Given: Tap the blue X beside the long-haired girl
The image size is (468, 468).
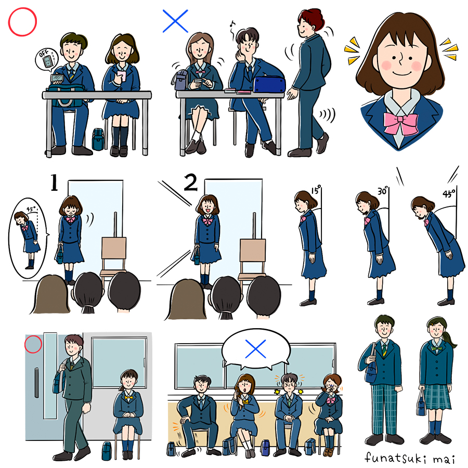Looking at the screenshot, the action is click(176, 21).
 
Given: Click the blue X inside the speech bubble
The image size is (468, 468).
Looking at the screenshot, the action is click(255, 348).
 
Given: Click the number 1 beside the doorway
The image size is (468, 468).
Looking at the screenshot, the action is click(54, 183).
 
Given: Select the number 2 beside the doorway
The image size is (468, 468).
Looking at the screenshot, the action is click(191, 183).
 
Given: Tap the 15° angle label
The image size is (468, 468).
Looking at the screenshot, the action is click(316, 189).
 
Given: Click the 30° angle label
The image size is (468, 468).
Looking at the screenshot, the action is click(383, 190).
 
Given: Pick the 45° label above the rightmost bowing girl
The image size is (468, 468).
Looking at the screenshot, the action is click(449, 193).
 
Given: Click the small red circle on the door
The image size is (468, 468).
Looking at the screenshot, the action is click(33, 344).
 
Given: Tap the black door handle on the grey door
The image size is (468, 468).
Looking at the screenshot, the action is click(36, 383).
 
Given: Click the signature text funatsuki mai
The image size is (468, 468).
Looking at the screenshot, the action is click(410, 458).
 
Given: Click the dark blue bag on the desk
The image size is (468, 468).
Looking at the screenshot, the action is click(269, 84).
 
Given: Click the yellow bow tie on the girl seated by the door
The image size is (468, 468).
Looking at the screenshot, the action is click(128, 398).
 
